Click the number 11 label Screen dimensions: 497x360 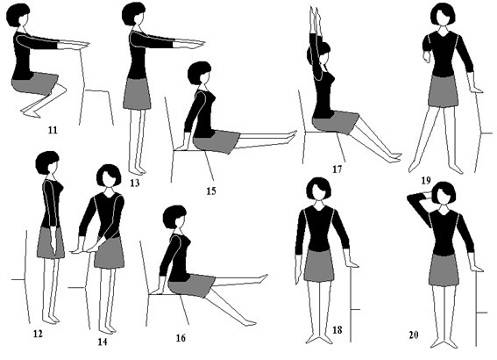[53, 130]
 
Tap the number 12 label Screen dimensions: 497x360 [38, 333]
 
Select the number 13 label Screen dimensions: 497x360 [135, 183]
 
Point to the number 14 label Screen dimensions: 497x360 [102, 342]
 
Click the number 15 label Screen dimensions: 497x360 [211, 191]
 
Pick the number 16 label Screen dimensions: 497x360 [181, 338]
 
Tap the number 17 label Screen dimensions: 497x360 [337, 170]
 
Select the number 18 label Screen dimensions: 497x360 [337, 330]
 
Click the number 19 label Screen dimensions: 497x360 [426, 180]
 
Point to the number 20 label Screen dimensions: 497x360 [413, 335]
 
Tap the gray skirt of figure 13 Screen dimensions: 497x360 [137, 94]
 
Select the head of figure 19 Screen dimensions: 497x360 [442, 14]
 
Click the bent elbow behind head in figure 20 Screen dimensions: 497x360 [411, 199]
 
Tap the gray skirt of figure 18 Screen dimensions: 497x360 [318, 266]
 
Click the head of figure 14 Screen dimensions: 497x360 [109, 176]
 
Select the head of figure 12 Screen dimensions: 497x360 [47, 163]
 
